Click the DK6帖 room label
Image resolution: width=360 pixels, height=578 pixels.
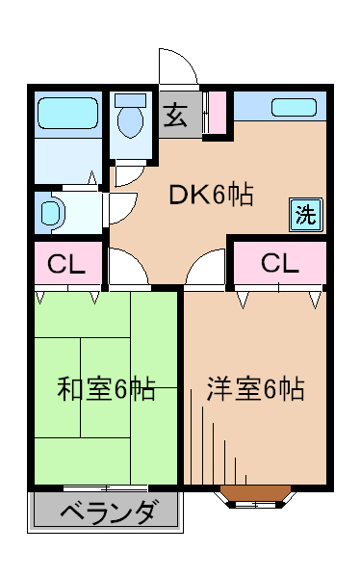click(211, 196)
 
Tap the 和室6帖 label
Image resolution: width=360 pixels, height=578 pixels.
click(106, 390)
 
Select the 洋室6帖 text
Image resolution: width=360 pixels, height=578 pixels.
click(256, 390)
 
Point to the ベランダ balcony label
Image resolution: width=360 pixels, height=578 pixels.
click(107, 512)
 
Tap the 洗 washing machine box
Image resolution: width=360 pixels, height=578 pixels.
click(304, 215)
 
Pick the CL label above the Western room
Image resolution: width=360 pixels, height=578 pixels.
click(279, 262)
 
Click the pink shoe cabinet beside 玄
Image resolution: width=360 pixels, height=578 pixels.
click(215, 114)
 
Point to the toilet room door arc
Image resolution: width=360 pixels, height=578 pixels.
click(127, 174)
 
